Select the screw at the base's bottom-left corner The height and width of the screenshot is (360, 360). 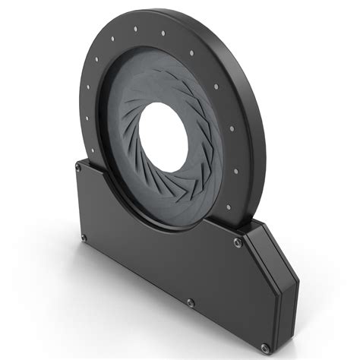(x=83, y=238)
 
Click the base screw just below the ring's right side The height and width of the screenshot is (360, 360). (x=238, y=242)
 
